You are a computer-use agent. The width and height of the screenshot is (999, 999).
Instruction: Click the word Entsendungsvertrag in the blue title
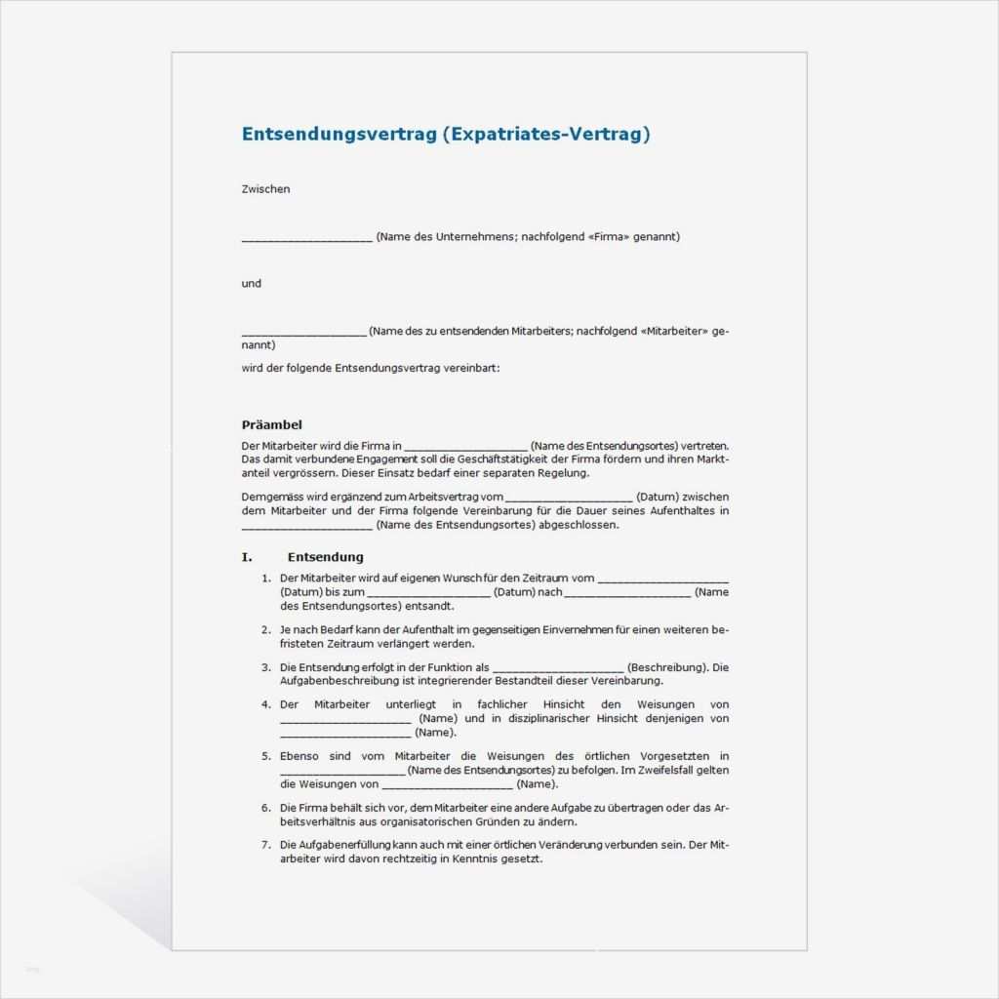click(x=339, y=135)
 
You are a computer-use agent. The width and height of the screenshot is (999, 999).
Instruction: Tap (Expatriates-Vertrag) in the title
click(x=545, y=135)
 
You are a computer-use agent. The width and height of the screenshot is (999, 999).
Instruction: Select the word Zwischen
click(x=265, y=189)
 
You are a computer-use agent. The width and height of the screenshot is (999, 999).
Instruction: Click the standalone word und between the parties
click(x=252, y=284)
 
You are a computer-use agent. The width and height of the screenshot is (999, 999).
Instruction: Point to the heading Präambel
click(x=271, y=424)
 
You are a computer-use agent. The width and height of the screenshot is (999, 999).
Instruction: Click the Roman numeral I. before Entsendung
click(x=247, y=557)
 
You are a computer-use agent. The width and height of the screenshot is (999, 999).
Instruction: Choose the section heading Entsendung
click(x=325, y=557)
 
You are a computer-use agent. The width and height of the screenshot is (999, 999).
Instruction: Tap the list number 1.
click(x=265, y=579)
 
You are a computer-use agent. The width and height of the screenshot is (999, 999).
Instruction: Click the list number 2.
click(x=265, y=630)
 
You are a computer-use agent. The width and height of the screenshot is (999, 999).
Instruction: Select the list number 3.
click(x=265, y=667)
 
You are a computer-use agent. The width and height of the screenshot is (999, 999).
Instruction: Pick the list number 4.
click(x=265, y=704)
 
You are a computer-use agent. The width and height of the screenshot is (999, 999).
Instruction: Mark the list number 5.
click(x=265, y=756)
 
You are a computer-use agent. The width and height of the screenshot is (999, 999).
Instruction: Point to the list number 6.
click(x=265, y=808)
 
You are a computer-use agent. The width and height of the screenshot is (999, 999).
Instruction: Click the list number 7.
click(x=265, y=845)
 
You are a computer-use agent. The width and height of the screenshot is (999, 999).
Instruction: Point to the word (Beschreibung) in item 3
click(x=667, y=667)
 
